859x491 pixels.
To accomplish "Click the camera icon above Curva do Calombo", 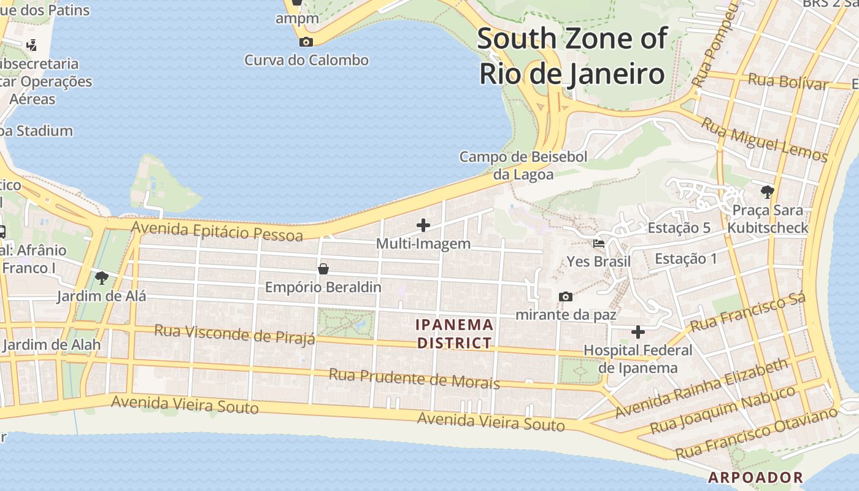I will click(x=306, y=42).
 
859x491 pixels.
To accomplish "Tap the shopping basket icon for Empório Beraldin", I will click(x=323, y=269).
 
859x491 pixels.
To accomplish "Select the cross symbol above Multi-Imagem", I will click(x=423, y=225).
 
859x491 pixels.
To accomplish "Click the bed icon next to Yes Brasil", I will click(x=599, y=244).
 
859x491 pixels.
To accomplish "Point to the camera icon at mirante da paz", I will click(x=566, y=297).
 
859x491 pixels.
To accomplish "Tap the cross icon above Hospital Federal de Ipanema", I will click(x=638, y=332).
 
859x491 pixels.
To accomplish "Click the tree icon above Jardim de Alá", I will click(x=102, y=278).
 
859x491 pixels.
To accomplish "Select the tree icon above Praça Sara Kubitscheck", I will click(x=767, y=191).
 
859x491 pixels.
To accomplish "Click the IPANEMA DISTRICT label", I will click(x=455, y=333).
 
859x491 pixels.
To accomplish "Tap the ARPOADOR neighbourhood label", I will click(x=755, y=477).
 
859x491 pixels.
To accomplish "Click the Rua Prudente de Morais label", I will click(x=414, y=378).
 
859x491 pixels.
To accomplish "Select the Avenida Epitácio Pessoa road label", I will click(x=217, y=231).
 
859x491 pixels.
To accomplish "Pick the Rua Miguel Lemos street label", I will click(x=764, y=140).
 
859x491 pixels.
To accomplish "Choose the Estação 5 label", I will click(x=679, y=228).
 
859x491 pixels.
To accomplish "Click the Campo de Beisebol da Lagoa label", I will click(x=523, y=165).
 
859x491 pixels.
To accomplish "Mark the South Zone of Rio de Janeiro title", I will click(x=572, y=56).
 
